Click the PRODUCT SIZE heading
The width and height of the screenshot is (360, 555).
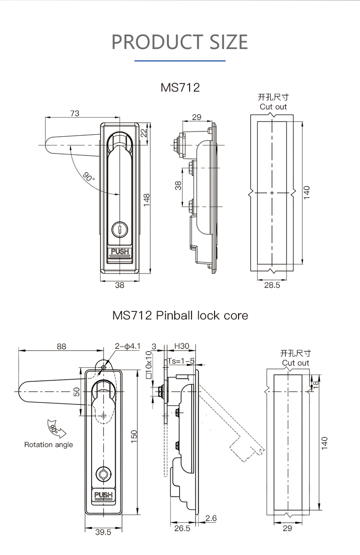tap(180, 42)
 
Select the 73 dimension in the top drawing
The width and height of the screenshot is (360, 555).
tap(74, 114)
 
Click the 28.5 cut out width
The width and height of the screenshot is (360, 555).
tap(272, 285)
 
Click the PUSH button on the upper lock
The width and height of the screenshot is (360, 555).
tap(120, 251)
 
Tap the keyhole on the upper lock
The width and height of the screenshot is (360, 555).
tap(120, 230)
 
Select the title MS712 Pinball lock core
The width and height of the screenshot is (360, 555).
tap(180, 315)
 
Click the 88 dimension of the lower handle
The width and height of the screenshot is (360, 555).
tap(61, 346)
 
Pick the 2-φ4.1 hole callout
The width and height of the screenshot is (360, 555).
tap(127, 346)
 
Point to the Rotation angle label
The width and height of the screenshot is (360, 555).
tap(48, 445)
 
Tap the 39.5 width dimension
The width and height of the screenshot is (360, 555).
tap(103, 532)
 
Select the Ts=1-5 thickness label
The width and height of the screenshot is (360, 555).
tap(181, 361)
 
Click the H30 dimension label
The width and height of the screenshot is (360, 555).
tap(181, 346)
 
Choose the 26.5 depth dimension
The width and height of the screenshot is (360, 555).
tap(182, 528)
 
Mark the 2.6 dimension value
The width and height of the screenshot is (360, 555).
tap(211, 518)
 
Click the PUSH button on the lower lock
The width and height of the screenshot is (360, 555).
tap(103, 496)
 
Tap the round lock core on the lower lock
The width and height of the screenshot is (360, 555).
tap(103, 474)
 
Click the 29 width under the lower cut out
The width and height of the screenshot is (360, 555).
tap(287, 528)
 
